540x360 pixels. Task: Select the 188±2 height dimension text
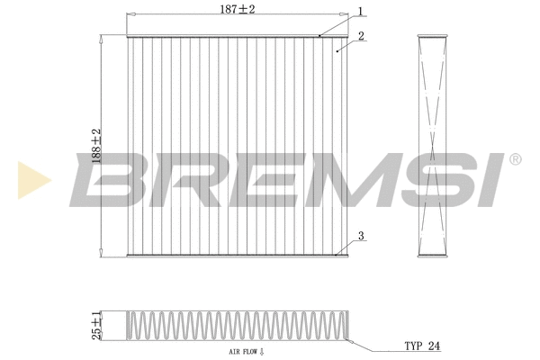pos(94,144)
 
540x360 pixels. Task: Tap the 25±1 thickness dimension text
pos(95,326)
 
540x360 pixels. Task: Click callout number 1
pos(360,12)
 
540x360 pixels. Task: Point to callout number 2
pos(360,36)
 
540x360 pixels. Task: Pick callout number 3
pos(360,237)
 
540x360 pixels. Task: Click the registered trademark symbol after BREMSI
pos(515,159)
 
